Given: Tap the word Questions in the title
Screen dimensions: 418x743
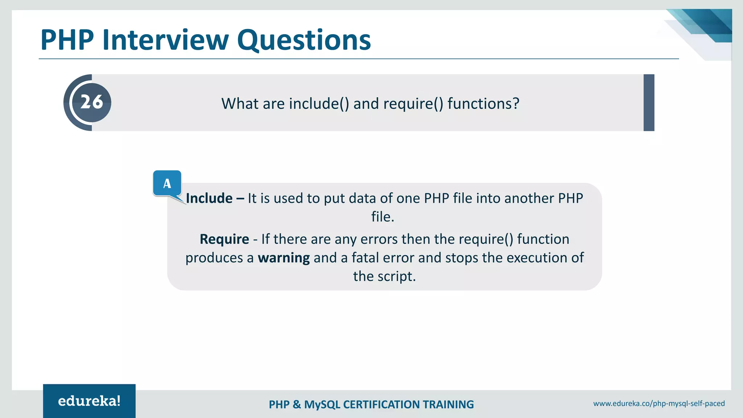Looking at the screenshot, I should point(304,40).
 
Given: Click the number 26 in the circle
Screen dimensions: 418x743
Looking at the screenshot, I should point(91,102).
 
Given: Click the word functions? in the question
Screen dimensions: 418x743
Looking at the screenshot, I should point(483,104).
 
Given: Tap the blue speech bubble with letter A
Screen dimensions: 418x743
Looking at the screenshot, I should point(167,183).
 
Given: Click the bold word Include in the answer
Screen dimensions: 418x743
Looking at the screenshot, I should point(209,198).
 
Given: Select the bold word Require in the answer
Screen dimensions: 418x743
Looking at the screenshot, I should point(224,239).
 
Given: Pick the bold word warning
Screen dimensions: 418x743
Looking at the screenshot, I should point(284,258).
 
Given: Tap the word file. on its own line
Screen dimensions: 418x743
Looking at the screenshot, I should point(383,217).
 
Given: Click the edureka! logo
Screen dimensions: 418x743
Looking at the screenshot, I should point(89,401).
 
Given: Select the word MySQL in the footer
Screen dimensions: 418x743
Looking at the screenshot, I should point(322,405).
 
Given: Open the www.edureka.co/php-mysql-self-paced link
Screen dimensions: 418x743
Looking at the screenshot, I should point(659,403).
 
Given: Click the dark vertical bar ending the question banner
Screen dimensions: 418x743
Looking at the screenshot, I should point(649,103).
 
